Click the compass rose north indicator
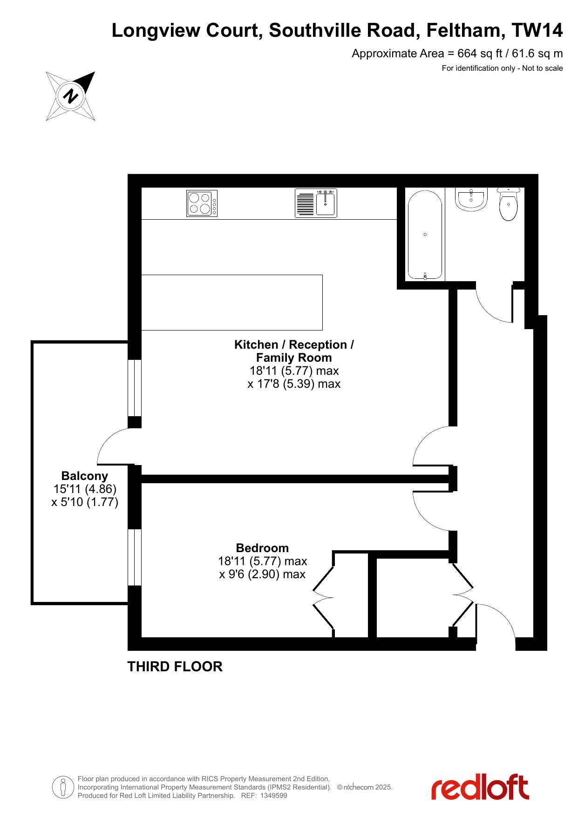pos(70,96)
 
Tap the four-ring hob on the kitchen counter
pos(202,203)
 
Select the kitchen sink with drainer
pos(316,203)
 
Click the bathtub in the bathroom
pos(425,235)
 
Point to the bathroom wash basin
pos(471,199)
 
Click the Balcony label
pos(85,476)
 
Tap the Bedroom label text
pos(262,548)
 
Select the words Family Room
pos(294,358)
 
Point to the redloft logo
pos(480,787)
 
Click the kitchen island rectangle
pos(231,303)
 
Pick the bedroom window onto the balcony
pos(135,557)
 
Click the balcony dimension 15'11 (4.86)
pos(85,489)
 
